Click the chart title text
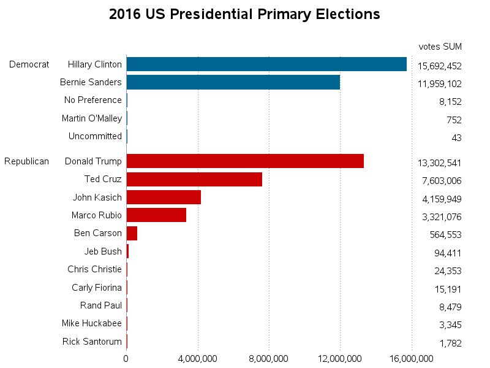point(244,14)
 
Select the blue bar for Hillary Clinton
point(266,64)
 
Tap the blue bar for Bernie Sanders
point(233,82)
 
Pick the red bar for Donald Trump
point(245,161)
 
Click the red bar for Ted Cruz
point(194,179)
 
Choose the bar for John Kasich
point(164,197)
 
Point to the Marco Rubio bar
point(156,215)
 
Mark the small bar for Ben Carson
point(132,233)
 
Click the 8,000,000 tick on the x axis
point(269,358)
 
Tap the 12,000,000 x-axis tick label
point(340,358)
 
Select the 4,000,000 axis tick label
point(198,358)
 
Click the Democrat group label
point(29,64)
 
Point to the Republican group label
point(26,161)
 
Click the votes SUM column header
point(440,47)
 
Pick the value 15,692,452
point(439,66)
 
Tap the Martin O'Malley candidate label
point(92,118)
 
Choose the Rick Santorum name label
point(92,342)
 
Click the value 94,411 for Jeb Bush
point(447,253)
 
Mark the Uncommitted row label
point(95,136)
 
